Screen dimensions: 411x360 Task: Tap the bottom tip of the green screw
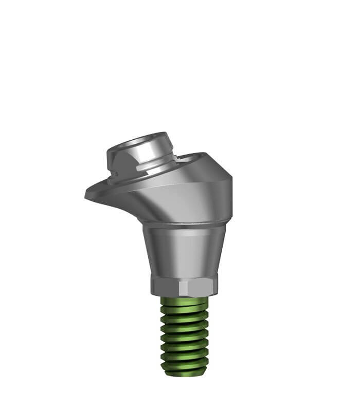pos(184,371)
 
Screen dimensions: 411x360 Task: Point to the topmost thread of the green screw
pos(184,303)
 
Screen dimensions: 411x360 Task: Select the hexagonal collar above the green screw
pos(184,284)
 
